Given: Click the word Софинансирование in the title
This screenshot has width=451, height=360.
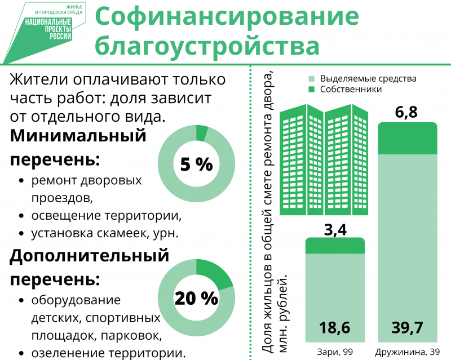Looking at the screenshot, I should (226, 17).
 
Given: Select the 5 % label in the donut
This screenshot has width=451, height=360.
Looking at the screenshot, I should (196, 165).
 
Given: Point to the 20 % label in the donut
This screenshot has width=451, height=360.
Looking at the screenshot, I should (196, 298).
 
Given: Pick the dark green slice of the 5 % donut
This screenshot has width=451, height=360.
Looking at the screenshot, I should (202, 134).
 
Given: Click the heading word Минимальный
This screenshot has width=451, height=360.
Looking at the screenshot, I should (78, 136).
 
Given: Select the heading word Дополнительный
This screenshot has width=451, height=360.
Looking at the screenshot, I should (90, 256).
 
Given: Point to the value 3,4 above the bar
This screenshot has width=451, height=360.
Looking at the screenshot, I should (335, 229).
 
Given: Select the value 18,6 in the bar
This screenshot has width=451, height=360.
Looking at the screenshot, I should (335, 327).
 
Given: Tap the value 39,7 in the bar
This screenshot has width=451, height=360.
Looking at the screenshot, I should (406, 327).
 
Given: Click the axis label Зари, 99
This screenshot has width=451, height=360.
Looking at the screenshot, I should (335, 352).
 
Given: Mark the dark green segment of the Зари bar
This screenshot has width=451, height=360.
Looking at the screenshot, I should (335, 246).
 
